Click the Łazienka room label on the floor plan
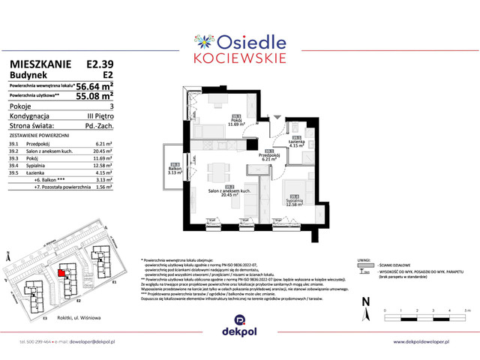297,141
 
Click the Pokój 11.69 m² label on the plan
238,121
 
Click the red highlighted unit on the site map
61,273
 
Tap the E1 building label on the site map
113,285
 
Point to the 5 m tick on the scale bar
466,310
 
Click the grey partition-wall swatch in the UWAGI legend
366,265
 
